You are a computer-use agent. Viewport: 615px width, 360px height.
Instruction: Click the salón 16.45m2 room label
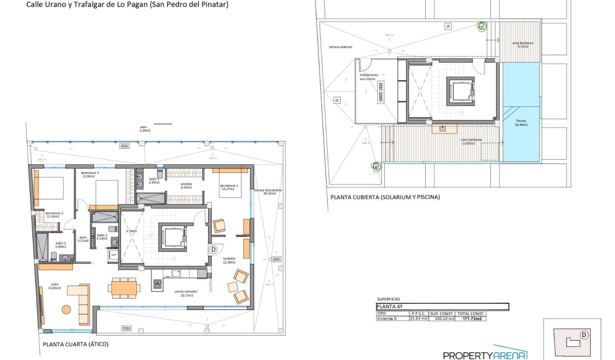(53, 286)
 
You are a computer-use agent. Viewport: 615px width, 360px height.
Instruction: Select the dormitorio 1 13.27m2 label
(229, 187)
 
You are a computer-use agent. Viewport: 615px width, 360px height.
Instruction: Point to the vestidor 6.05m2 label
(186, 185)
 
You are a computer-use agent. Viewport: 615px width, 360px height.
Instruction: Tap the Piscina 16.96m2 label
(521, 123)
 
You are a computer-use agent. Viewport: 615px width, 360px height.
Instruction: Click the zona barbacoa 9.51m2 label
(523, 45)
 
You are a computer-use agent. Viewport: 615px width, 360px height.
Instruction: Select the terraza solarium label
(340, 47)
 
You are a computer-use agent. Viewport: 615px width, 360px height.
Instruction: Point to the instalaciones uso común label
(369, 77)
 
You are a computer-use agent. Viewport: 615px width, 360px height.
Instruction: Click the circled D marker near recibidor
(213, 249)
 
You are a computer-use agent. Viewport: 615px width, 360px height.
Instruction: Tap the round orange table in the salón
(66, 309)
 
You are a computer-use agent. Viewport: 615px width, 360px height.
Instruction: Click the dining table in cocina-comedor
(124, 288)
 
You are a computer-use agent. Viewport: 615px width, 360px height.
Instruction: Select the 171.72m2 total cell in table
(471, 319)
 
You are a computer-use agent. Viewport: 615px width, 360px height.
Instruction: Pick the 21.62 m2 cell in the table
(418, 319)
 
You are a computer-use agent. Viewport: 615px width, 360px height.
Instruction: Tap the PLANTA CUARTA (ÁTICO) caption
(75, 344)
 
